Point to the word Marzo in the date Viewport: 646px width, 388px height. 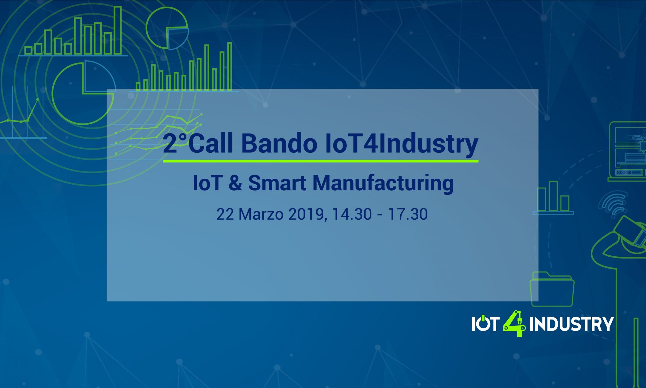261,214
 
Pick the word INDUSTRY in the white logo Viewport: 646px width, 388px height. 571,324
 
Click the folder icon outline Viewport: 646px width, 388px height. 552,289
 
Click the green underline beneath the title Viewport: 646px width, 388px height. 320,161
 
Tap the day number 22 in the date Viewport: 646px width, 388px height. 225,214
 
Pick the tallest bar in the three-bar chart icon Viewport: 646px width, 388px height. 553,196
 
